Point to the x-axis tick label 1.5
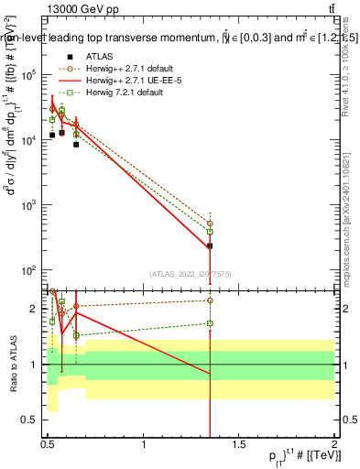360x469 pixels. (239, 444)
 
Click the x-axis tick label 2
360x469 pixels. (333, 444)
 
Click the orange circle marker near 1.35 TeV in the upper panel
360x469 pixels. (210, 224)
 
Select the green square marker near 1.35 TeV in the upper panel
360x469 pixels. (210, 232)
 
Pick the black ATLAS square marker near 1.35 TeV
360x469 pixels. (210, 245)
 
